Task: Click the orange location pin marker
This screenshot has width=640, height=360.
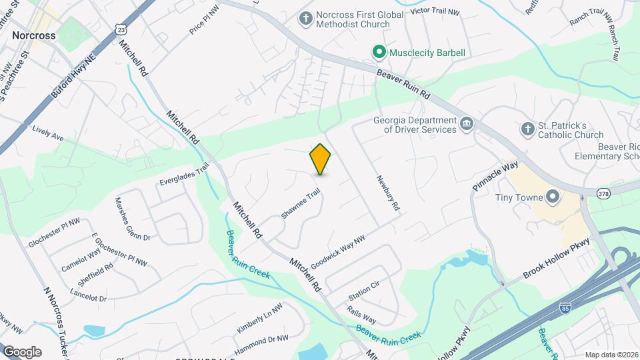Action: point(321,159)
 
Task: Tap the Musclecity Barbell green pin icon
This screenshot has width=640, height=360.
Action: point(379,52)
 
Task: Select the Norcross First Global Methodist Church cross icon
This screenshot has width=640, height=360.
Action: point(305,19)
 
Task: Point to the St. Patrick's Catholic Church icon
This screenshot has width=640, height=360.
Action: point(527,129)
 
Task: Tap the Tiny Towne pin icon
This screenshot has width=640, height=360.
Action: point(552,197)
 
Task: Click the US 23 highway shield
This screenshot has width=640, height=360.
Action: point(121,30)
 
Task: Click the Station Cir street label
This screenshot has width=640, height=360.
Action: point(363,289)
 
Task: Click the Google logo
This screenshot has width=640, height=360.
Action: point(21,351)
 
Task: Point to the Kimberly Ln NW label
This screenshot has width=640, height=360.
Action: point(259,318)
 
